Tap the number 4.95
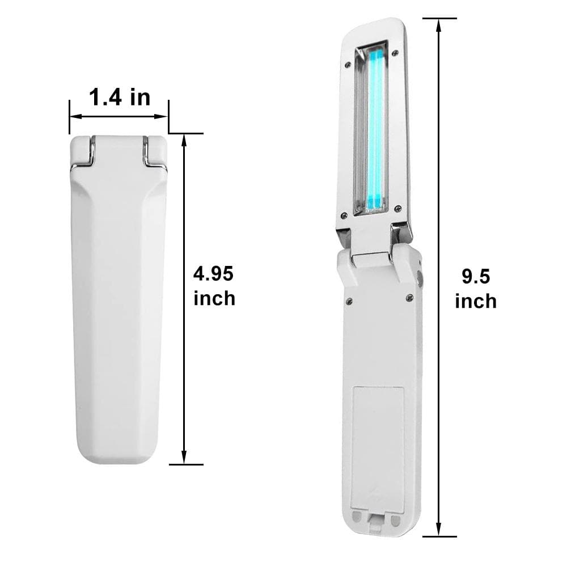pyautogui.click(x=213, y=274)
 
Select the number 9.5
pyautogui.click(x=475, y=277)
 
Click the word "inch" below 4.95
pyautogui.click(x=214, y=298)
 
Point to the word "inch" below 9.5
pyautogui.click(x=476, y=301)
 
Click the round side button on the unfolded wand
pyautogui.click(x=420, y=278)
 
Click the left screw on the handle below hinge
pyautogui.click(x=349, y=301)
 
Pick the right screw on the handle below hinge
pyautogui.click(x=409, y=297)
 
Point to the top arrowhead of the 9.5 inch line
pyautogui.click(x=438, y=23)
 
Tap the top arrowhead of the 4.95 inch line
pyautogui.click(x=184, y=139)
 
